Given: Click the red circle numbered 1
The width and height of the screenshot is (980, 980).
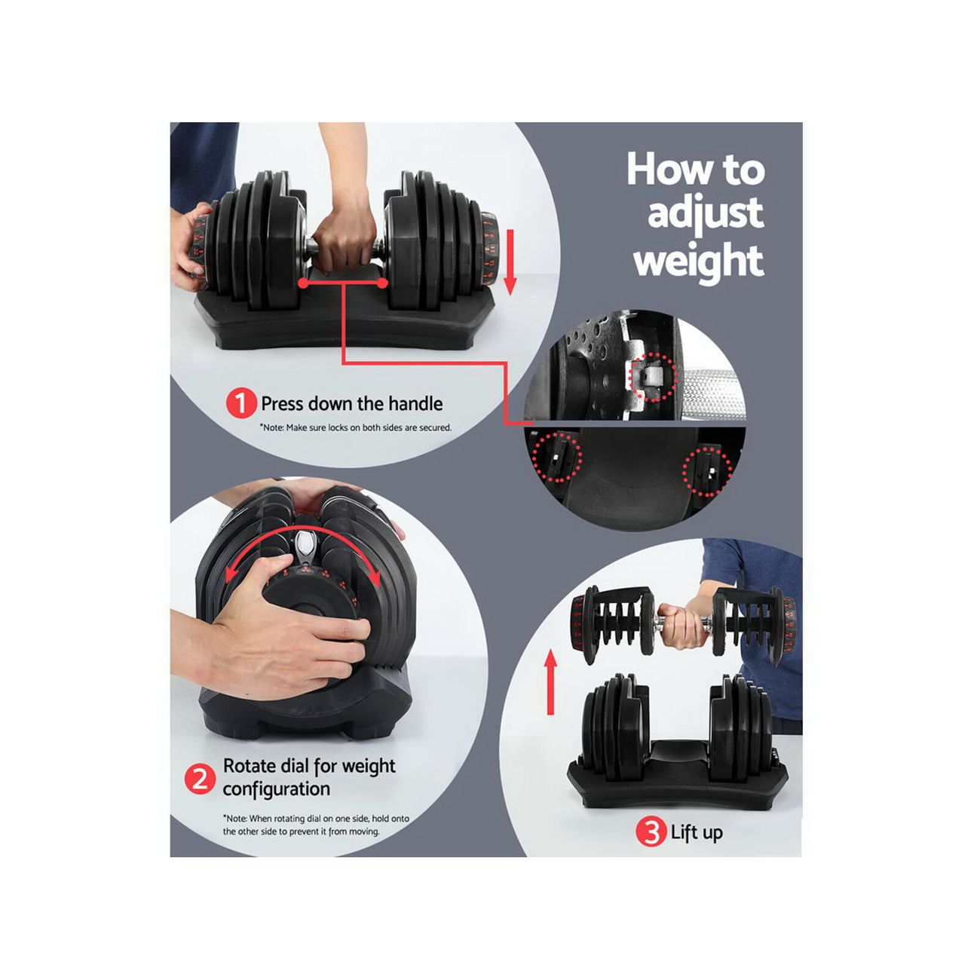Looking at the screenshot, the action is click(x=241, y=404).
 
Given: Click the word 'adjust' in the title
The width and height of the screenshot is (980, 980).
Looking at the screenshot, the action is click(x=706, y=215).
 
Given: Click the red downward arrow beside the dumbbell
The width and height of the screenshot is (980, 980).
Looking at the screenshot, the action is click(x=510, y=262).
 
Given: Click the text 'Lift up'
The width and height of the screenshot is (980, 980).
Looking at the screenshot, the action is click(x=697, y=832).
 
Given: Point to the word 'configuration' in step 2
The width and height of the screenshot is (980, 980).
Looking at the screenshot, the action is click(x=276, y=789).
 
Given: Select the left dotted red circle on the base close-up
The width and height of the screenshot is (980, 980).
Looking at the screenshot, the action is click(x=557, y=456).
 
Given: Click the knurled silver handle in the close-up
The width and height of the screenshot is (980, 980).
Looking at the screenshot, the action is click(x=712, y=387).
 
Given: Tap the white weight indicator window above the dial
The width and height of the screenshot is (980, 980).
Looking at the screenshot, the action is click(x=305, y=545).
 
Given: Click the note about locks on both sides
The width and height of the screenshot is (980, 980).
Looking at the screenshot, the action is click(x=356, y=427).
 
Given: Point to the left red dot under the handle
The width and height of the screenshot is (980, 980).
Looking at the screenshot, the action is click(x=303, y=283).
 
